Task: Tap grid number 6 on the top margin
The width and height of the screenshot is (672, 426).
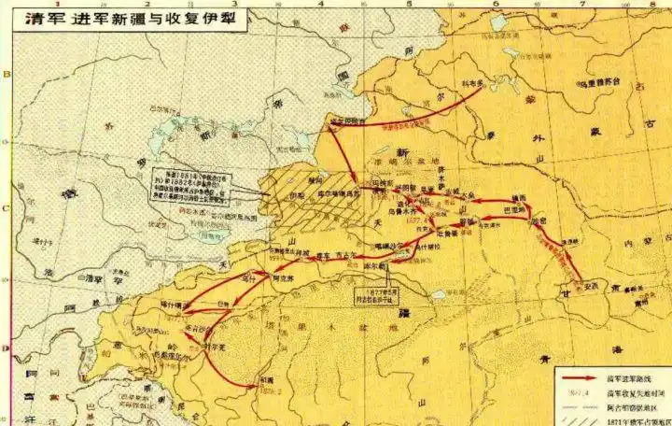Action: [x=497, y=5]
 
